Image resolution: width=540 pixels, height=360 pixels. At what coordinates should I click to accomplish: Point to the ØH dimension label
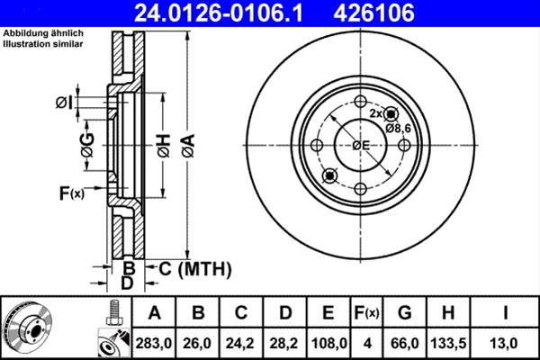(x=164, y=146)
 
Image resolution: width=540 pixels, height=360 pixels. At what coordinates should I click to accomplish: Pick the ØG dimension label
(x=87, y=147)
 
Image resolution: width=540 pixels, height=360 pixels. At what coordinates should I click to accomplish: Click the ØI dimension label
(x=64, y=103)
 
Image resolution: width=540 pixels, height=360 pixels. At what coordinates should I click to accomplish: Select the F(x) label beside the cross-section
(x=71, y=193)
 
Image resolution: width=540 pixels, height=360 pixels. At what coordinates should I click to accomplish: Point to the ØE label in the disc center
(x=361, y=146)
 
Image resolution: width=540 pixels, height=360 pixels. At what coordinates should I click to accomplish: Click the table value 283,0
(x=154, y=343)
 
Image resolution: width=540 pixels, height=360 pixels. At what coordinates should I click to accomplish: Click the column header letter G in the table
(x=405, y=313)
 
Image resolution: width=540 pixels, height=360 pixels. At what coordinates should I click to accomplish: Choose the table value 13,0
(x=506, y=343)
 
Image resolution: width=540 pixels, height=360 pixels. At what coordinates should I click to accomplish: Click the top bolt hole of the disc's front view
(x=360, y=102)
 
